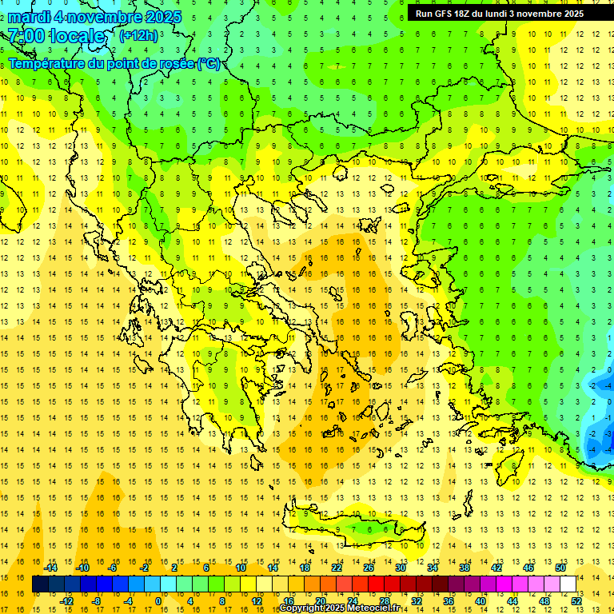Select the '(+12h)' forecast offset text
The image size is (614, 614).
click(x=138, y=36)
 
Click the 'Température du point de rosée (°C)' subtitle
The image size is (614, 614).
click(x=114, y=63)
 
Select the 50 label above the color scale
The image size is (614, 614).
click(x=560, y=568)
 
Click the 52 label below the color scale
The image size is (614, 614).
click(x=576, y=600)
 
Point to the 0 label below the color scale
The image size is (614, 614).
click(x=158, y=600)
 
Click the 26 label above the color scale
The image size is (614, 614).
click(x=369, y=568)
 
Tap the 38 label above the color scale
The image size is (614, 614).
click(x=464, y=568)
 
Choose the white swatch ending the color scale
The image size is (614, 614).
click(x=568, y=584)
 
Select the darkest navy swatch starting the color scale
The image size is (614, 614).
click(x=40, y=584)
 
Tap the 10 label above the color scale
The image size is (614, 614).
click(x=241, y=568)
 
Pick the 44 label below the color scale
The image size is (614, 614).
click(x=512, y=600)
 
